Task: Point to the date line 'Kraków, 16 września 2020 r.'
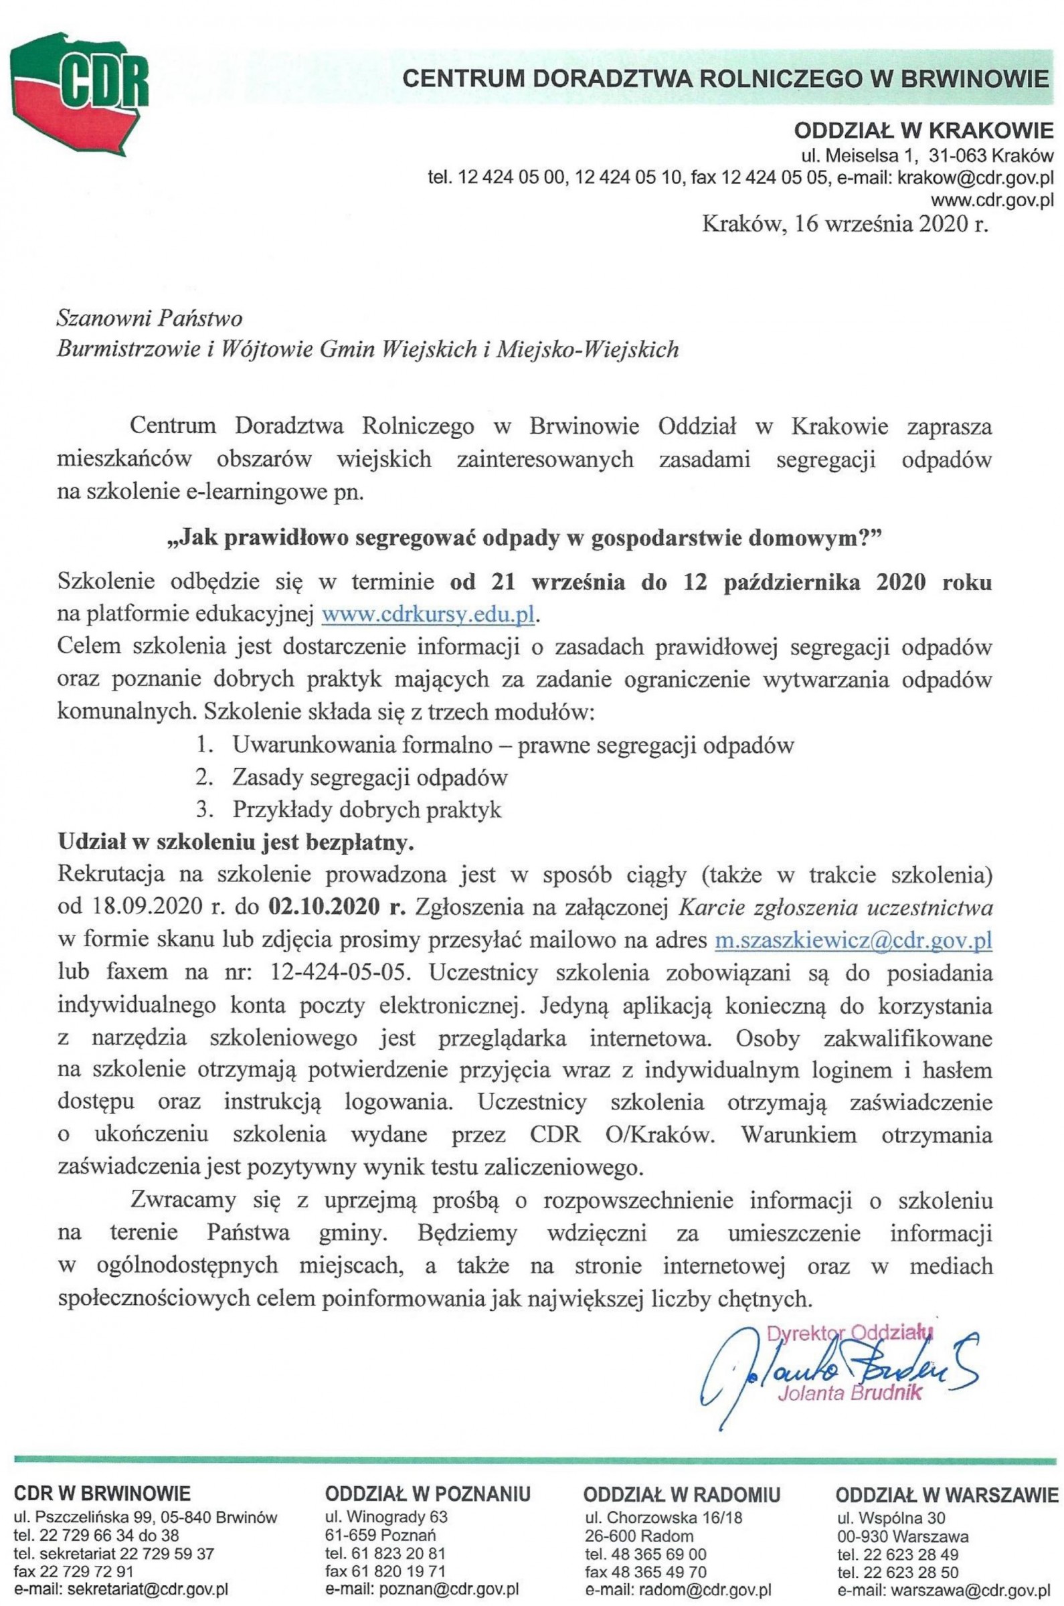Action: pos(844,224)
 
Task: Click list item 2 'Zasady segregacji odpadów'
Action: pos(369,777)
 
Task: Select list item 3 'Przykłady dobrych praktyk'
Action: pos(367,810)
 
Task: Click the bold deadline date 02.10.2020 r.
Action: pos(337,908)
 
